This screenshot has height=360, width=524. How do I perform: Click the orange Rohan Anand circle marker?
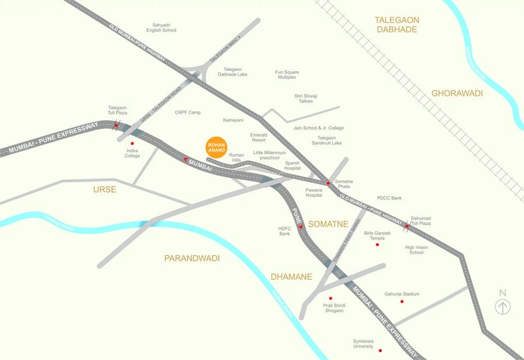(x=217, y=148)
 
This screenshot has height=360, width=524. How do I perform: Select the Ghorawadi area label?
(x=457, y=93)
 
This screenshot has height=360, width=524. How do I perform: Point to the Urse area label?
(x=104, y=189)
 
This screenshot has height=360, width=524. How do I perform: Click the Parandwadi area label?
(x=192, y=258)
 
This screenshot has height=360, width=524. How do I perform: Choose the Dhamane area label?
(x=291, y=276)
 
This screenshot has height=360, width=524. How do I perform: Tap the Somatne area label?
(x=328, y=224)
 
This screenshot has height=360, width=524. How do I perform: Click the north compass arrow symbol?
(x=502, y=307)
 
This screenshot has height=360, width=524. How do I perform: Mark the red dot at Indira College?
(x=132, y=143)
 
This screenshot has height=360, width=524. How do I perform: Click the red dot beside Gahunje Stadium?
(x=402, y=302)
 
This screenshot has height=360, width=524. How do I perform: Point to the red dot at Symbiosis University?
(x=380, y=350)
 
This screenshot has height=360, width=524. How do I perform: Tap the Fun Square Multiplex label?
(x=287, y=74)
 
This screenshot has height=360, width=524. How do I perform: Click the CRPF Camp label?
(x=188, y=112)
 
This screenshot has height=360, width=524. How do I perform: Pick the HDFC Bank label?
(x=285, y=231)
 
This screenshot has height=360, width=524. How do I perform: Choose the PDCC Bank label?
(x=389, y=198)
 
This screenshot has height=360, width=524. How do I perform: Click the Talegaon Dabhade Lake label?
(x=232, y=71)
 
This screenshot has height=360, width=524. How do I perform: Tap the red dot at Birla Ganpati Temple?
(x=377, y=244)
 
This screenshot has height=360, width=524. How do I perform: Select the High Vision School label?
(x=416, y=250)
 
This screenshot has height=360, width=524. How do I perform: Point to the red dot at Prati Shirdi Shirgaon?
(x=331, y=298)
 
